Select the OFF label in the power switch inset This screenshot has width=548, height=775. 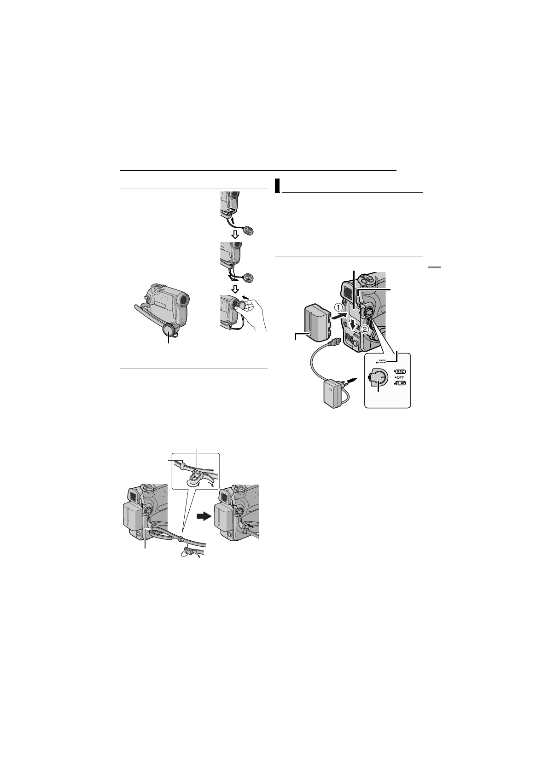coord(399,377)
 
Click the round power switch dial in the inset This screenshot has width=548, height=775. coord(377,377)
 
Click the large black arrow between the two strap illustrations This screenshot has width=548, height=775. coord(206,516)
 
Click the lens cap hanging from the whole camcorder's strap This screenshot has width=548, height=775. coord(169,330)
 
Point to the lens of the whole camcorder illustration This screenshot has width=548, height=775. coord(183,300)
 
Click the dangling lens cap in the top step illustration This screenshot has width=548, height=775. coord(249,231)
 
